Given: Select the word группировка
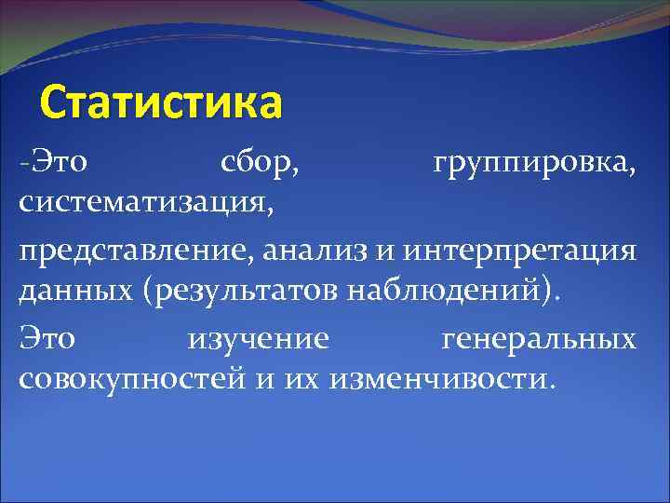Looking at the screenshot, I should click(536, 165).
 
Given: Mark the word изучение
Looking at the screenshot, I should click(259, 339).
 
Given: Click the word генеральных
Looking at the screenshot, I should click(537, 339).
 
